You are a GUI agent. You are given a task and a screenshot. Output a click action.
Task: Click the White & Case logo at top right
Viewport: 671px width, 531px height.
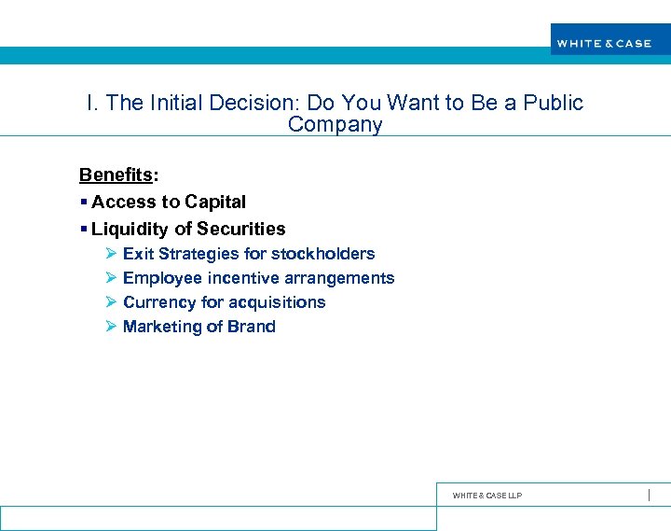point(604,43)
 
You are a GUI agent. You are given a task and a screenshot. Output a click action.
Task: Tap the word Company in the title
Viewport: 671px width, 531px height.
point(335,125)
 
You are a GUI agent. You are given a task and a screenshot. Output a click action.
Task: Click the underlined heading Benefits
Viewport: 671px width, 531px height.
point(116,175)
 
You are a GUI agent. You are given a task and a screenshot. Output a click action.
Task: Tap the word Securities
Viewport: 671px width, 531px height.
point(241,229)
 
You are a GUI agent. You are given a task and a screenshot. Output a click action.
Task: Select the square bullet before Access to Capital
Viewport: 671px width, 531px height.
point(84,202)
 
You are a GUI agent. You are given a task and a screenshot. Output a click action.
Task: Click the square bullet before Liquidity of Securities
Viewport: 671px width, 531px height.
point(84,229)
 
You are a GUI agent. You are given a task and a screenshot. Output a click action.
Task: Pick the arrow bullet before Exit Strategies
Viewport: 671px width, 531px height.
point(110,254)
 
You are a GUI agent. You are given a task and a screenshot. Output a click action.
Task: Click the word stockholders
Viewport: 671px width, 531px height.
point(322,254)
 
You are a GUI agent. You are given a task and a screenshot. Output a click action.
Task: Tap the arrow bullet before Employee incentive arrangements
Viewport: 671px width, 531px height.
point(110,278)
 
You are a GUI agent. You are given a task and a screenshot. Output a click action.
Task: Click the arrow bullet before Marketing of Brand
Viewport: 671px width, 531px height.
point(110,327)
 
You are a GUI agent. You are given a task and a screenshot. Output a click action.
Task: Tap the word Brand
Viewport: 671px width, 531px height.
point(251,327)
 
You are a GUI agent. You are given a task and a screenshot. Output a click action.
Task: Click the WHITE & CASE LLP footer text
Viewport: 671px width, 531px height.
point(486,496)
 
